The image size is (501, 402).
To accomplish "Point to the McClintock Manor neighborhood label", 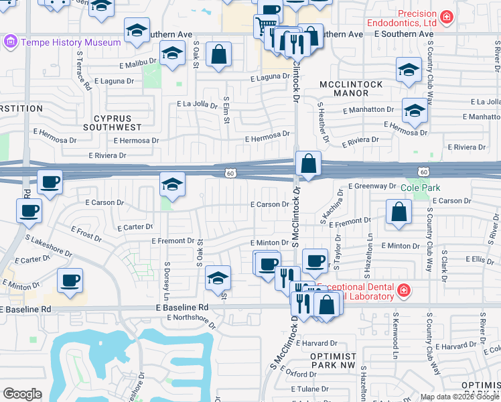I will point(350,89).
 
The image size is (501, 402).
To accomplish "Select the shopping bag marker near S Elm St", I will point(219,54).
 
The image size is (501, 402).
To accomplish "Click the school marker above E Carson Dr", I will point(172,184).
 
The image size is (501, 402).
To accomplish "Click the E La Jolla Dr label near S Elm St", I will point(198,105).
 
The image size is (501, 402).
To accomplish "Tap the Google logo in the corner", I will point(22,394).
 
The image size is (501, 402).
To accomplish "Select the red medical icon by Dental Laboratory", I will point(403,290).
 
